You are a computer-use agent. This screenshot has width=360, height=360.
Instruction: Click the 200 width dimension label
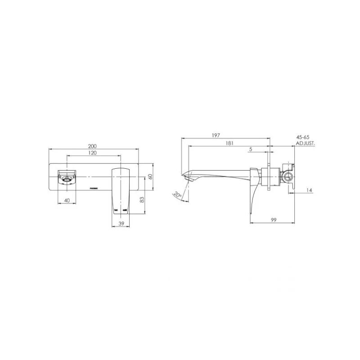(93, 146)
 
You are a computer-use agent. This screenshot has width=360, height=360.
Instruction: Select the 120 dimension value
(93, 153)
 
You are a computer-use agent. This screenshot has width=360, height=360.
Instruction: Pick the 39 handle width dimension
(120, 224)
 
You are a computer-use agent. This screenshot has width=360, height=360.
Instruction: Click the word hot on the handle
(116, 210)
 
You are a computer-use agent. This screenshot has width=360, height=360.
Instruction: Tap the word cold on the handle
(125, 210)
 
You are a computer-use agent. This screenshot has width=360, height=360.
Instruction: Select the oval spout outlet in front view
(67, 182)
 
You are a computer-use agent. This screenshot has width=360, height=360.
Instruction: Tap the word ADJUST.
(306, 143)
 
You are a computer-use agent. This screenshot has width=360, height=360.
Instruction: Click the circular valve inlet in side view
(288, 175)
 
